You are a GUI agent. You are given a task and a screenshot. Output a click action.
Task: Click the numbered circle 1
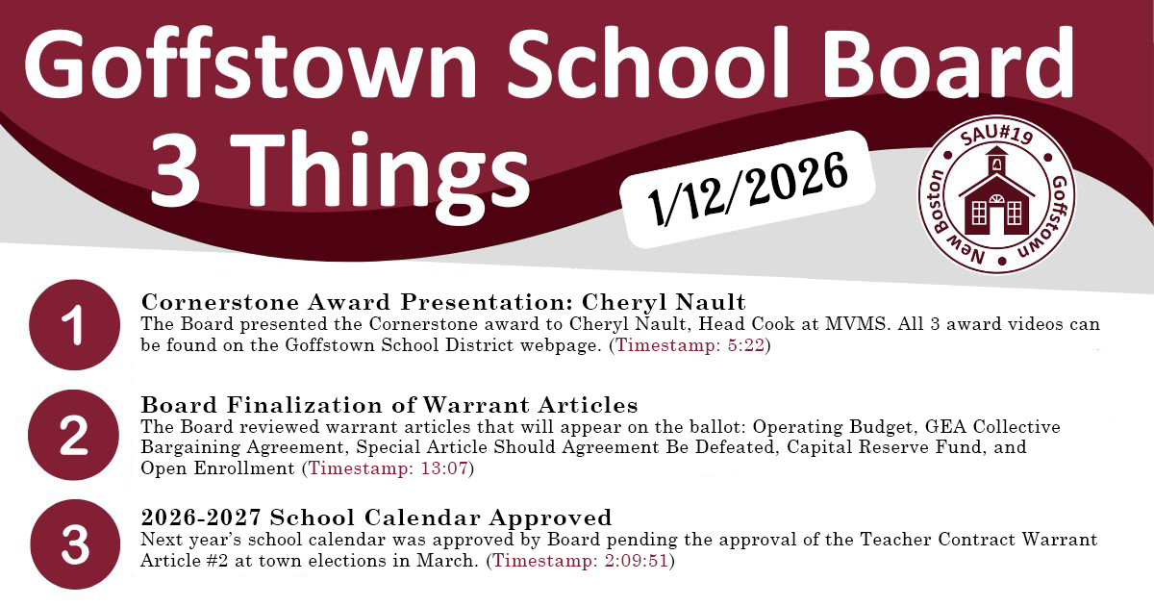(x=76, y=325)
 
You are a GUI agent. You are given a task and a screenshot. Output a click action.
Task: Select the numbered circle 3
(x=76, y=545)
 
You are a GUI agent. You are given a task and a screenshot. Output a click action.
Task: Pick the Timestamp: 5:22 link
(x=690, y=345)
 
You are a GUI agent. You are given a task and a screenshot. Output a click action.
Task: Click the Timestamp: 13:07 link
(x=388, y=468)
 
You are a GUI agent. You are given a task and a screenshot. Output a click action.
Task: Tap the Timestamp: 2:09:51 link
(x=582, y=560)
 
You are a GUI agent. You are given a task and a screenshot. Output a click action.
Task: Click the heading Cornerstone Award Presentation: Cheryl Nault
(x=443, y=302)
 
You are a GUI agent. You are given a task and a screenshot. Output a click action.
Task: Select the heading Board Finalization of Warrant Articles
(x=389, y=404)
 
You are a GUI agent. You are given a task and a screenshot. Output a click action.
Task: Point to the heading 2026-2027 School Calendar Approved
(x=376, y=518)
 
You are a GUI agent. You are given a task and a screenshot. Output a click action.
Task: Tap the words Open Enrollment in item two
(x=217, y=468)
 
